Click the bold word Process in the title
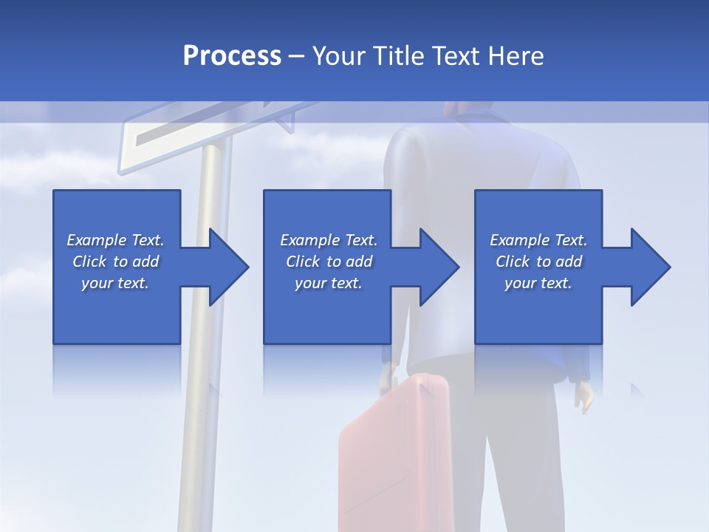click(x=232, y=56)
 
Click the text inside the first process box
click(x=115, y=262)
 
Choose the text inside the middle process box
click(x=329, y=262)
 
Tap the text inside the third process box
click(x=538, y=262)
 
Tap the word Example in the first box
click(x=97, y=240)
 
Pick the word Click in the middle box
click(x=302, y=262)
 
